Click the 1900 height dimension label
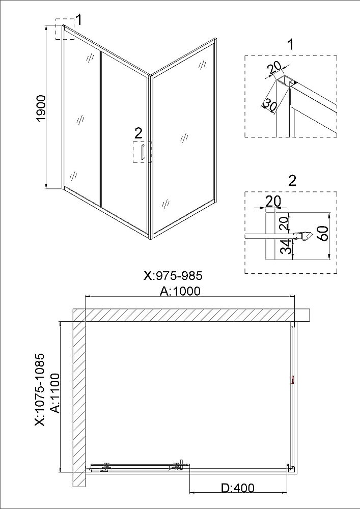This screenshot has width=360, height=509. [42, 108]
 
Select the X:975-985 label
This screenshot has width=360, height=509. [173, 275]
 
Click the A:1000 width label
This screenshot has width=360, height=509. [180, 291]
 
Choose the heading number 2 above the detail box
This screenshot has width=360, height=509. [292, 181]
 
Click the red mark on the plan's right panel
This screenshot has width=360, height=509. [292, 380]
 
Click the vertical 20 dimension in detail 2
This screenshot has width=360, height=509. [284, 223]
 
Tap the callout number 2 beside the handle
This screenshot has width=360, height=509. [139, 133]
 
